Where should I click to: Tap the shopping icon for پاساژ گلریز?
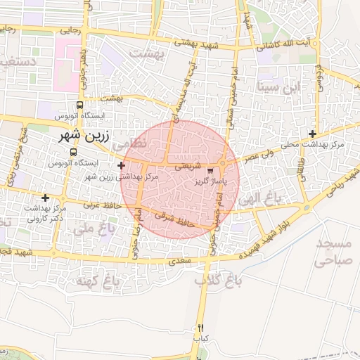[210, 171]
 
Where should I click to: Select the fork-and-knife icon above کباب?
[200, 328]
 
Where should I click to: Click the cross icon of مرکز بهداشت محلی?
[313, 134]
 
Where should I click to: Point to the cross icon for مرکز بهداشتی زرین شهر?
[122, 166]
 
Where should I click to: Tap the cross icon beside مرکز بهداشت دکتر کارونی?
[46, 198]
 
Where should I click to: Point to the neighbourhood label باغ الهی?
[259, 200]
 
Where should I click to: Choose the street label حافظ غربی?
[103, 206]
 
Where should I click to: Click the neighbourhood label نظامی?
[130, 143]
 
